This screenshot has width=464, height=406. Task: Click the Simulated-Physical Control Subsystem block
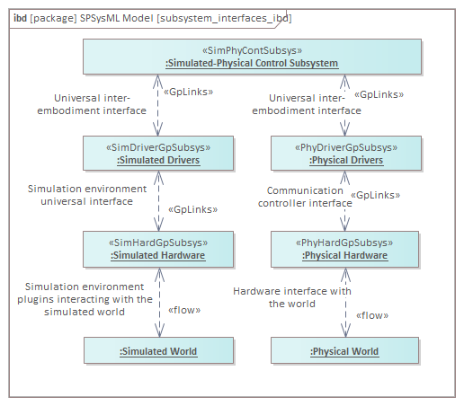tap(252, 57)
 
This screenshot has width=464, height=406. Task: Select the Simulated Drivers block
tap(158, 154)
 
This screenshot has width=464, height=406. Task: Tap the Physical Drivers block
tap(346, 154)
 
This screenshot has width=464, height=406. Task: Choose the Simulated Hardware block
tap(158, 249)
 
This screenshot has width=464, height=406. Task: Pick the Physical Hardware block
tap(344, 249)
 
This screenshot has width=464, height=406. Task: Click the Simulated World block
tap(158, 350)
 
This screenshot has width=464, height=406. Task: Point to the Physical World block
tap(344, 350)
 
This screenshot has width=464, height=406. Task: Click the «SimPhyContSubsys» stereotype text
tap(252, 50)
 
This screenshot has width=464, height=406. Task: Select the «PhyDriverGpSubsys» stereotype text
tap(346, 147)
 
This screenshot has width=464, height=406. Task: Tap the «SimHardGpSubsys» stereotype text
tap(158, 243)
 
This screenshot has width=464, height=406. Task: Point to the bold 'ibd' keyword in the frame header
tap(21, 18)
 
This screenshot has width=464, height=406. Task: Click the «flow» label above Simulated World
tap(184, 310)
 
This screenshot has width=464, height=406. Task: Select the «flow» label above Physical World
tap(372, 315)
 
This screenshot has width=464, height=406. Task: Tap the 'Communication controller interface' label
tap(305, 197)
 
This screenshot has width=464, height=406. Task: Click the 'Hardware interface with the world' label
tap(292, 297)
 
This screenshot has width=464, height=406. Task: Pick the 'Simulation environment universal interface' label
tap(87, 195)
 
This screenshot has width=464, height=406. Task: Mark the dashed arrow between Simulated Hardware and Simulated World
tap(159, 303)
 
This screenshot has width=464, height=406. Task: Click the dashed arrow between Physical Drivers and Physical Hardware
tap(344, 201)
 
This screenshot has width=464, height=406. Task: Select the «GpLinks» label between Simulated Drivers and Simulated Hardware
tap(193, 209)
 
